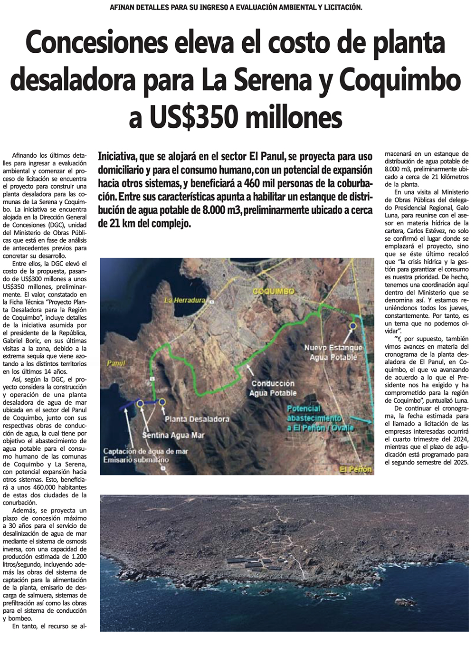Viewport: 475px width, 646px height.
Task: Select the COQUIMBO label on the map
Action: tap(273, 291)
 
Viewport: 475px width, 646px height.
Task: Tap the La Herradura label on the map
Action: tap(185, 300)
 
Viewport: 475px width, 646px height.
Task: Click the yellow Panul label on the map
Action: tap(116, 363)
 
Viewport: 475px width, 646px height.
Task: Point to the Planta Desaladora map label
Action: tap(197, 419)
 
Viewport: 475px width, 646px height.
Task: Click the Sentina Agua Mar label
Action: tap(173, 435)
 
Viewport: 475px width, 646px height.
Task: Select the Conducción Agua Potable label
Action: tap(273, 388)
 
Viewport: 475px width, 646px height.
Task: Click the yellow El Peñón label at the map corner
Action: tap(356, 469)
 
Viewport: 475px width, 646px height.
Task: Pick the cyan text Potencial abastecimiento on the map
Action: tap(314, 413)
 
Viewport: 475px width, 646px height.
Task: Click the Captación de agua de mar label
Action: tap(145, 451)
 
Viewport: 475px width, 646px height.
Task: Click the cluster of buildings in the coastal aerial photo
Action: tap(256, 565)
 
